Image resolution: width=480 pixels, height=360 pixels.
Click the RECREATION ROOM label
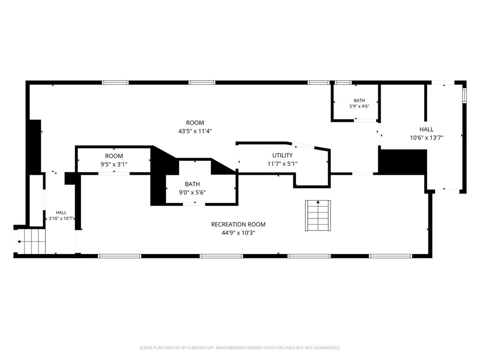(238, 225)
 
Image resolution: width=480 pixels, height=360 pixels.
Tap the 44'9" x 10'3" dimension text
(239, 232)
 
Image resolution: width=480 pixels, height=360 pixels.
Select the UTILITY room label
(282, 155)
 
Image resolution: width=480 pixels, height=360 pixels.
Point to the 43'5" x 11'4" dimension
(195, 131)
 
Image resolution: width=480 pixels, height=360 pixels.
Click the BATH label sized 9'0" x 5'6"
(192, 184)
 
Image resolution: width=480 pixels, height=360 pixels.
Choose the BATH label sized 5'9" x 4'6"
(360, 100)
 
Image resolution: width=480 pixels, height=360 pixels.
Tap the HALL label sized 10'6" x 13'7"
(427, 129)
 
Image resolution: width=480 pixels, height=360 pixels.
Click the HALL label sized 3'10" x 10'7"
(61, 212)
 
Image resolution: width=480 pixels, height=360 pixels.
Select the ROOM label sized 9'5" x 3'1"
(114, 156)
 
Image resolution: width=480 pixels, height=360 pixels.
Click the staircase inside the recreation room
(318, 216)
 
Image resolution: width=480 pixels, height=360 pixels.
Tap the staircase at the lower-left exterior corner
(31, 241)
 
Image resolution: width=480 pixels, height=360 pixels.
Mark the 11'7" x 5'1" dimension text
(282, 164)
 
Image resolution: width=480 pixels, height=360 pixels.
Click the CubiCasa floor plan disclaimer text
(240, 348)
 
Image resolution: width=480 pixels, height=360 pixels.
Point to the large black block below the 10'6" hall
(403, 162)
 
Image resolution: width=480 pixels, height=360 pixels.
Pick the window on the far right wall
(465, 95)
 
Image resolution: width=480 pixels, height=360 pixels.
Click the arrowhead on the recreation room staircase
(318, 202)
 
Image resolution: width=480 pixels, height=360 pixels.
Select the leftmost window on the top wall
(115, 82)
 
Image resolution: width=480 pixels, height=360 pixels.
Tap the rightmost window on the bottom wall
(390, 256)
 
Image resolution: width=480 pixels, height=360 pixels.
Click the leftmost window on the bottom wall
(120, 256)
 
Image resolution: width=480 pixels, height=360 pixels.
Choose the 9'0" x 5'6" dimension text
(192, 193)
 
